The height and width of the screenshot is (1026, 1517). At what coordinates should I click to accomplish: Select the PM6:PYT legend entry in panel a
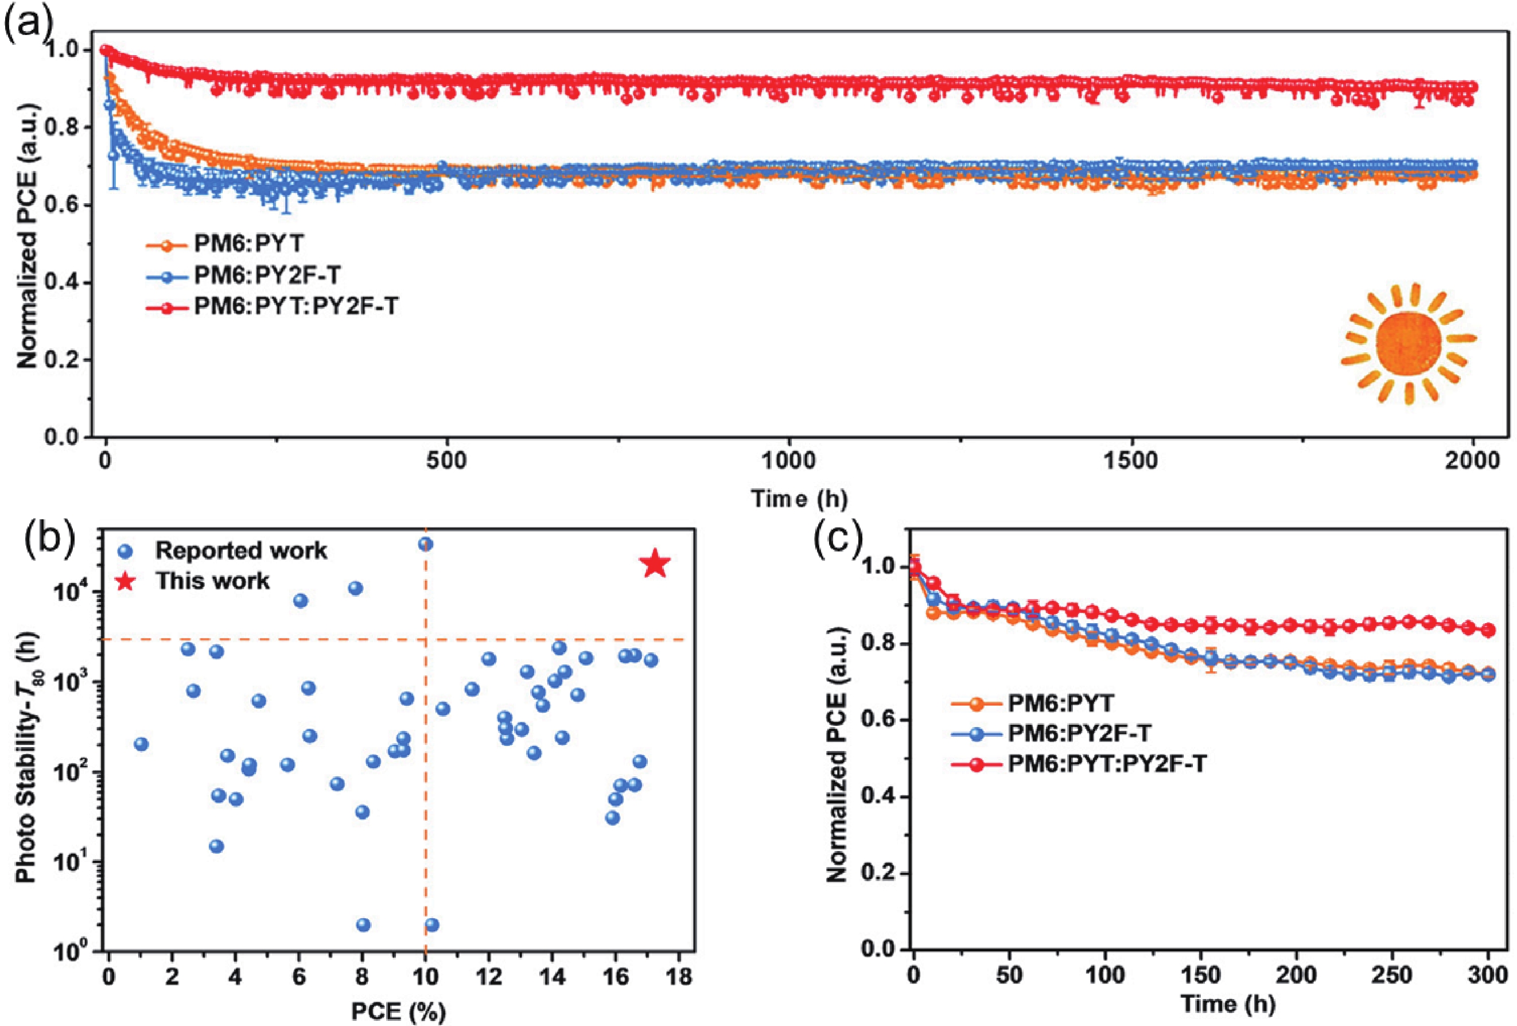click(248, 244)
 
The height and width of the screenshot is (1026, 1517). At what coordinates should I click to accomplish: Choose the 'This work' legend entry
click(212, 580)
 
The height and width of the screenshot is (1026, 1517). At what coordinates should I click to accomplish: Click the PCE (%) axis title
click(398, 1011)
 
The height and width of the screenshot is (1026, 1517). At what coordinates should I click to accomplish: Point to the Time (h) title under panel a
click(799, 499)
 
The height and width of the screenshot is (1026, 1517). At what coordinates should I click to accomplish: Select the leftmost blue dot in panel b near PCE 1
click(141, 744)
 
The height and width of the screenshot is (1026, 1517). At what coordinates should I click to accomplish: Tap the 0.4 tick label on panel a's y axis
click(67, 282)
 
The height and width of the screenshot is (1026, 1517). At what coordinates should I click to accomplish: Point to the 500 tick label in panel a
click(447, 461)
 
